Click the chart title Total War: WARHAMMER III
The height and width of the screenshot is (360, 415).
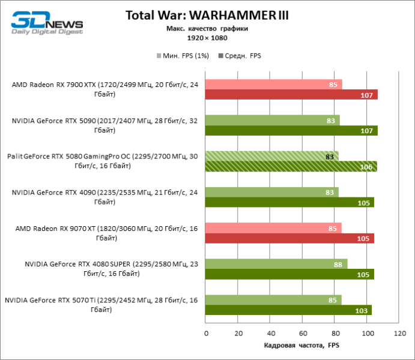[x=207, y=16]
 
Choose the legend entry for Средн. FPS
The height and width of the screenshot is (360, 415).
[x=240, y=55]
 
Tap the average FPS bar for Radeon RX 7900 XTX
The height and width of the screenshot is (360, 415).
[x=291, y=94]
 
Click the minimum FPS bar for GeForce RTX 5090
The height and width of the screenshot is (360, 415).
[x=272, y=120]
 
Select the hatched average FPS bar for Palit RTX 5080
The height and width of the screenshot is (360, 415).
[x=291, y=166]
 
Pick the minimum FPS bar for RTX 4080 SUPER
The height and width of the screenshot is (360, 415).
[x=276, y=263]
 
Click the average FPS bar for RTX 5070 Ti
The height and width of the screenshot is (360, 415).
[x=288, y=310]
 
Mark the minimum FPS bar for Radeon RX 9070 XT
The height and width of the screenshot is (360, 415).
[x=273, y=228]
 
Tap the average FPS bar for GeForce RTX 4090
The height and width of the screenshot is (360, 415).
[x=289, y=202]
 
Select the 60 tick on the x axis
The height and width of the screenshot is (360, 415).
[x=303, y=333]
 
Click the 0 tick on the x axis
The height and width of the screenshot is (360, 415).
[x=206, y=333]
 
